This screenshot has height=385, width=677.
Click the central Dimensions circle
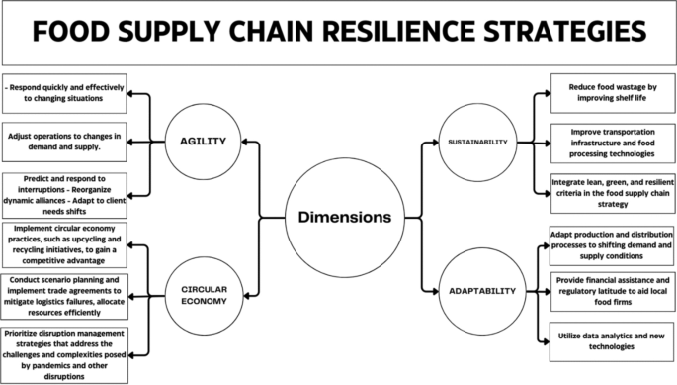(x=338, y=216)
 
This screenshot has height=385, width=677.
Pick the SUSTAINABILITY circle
(x=477, y=142)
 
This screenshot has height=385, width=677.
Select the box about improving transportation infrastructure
(x=608, y=142)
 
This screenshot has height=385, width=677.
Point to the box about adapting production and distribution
(x=608, y=242)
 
